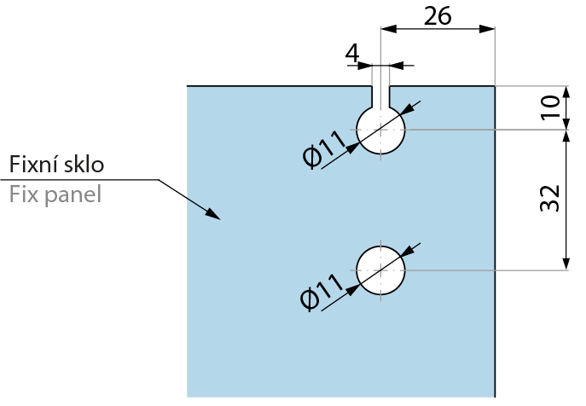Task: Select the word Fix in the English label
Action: [23, 194]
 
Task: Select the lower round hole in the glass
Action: [380, 270]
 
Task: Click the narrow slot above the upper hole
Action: [380, 94]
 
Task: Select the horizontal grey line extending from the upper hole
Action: [486, 130]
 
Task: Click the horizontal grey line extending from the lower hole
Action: [486, 270]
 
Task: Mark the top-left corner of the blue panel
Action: [188, 87]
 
